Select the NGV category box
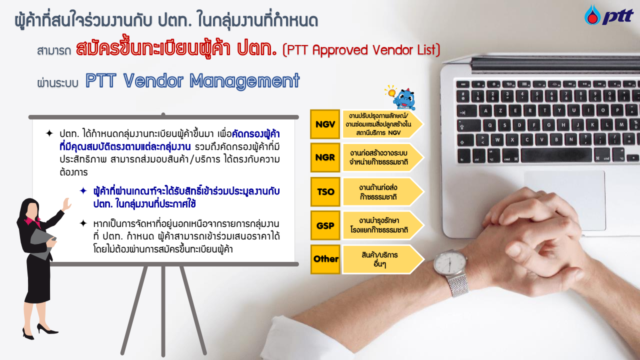[325, 124]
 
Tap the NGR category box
[325, 157]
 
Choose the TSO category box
[325, 191]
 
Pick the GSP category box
[325, 225]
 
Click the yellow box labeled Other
[325, 259]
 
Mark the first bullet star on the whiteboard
[49, 133]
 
